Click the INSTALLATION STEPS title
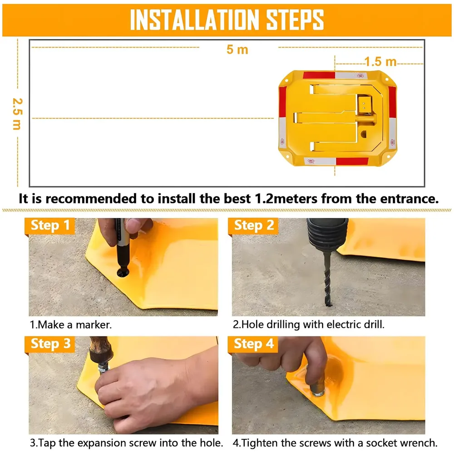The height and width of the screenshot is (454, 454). click(227, 19)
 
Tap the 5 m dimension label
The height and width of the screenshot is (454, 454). click(237, 49)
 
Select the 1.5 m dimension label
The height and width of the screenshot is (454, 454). click(380, 61)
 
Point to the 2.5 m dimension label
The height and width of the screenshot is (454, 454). click(16, 113)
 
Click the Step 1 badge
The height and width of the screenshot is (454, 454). click(50, 226)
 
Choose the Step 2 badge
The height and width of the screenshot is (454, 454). click(254, 226)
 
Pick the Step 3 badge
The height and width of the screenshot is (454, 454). click(50, 344)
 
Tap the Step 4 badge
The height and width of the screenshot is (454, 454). click(254, 344)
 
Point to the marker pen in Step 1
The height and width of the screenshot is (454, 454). click(121, 245)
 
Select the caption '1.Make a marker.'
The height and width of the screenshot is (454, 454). click(71, 325)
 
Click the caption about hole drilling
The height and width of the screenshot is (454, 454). click(309, 325)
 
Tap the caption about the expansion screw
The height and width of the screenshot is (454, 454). click(126, 443)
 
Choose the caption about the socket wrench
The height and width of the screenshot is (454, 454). click(335, 443)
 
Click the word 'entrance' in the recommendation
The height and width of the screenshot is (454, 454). click(409, 199)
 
